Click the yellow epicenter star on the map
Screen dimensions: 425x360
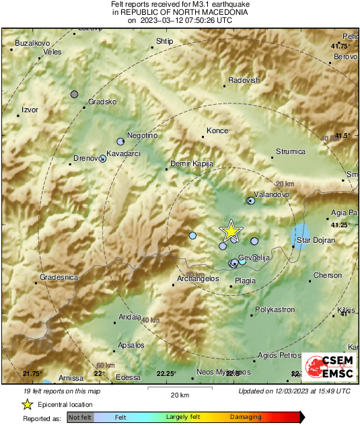pyautogui.click(x=231, y=231)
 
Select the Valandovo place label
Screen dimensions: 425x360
pyautogui.click(x=272, y=194)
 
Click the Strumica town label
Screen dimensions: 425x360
pyautogui.click(x=291, y=152)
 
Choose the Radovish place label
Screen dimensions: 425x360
pyautogui.click(x=244, y=80)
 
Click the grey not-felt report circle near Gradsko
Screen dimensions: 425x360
pyautogui.click(x=75, y=94)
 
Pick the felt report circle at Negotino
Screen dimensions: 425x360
pyautogui.click(x=120, y=142)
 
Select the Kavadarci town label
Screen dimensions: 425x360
pyautogui.click(x=123, y=154)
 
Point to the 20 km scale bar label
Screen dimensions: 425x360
pyautogui.click(x=179, y=394)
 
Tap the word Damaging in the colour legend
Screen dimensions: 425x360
pyautogui.click(x=246, y=418)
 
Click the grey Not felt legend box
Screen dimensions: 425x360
pyautogui.click(x=80, y=418)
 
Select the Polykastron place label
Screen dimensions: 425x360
pyautogui.click(x=275, y=310)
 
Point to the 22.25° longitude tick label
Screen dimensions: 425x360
pyautogui.click(x=166, y=373)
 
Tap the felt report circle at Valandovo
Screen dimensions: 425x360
pyautogui.click(x=251, y=200)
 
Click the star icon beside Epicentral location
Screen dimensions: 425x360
pyautogui.click(x=28, y=404)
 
